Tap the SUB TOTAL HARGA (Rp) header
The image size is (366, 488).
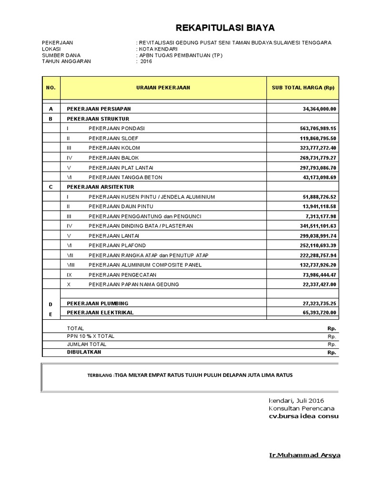click(303, 88)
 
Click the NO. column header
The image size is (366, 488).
click(51, 88)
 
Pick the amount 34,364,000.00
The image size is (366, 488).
click(319, 109)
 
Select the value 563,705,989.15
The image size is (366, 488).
click(316, 128)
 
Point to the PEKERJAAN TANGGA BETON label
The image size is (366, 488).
click(125, 177)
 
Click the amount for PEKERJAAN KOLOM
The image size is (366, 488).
click(316, 148)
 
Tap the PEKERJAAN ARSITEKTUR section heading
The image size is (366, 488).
click(101, 187)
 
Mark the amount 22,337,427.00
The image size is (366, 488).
click(319, 284)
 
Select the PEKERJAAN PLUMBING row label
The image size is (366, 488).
click(98, 303)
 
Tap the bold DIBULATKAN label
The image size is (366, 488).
click(84, 352)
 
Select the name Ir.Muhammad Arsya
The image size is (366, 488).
click(305, 455)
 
